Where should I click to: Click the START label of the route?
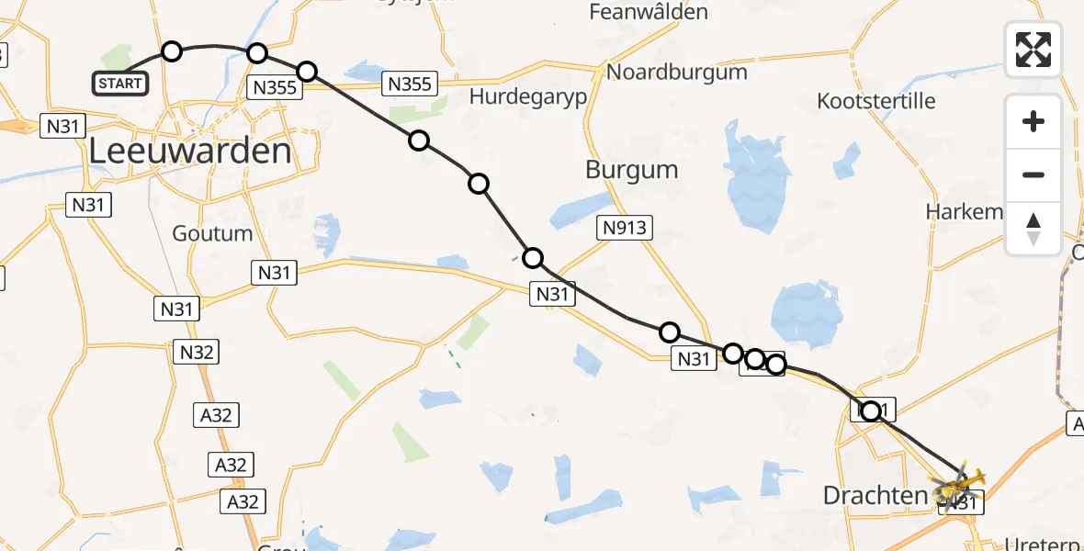click(x=120, y=84)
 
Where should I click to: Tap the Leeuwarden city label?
click(x=190, y=152)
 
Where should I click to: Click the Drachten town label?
click(x=875, y=496)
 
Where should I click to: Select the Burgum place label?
click(x=631, y=170)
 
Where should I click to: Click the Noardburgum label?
click(x=677, y=73)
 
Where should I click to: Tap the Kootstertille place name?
click(x=876, y=101)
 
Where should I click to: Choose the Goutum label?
click(x=211, y=233)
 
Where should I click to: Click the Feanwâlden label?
click(x=649, y=13)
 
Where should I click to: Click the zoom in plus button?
click(x=1033, y=121)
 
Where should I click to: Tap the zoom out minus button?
click(x=1033, y=174)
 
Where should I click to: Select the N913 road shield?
click(x=625, y=229)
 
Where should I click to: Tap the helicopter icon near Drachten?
click(x=960, y=484)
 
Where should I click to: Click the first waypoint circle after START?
click(x=172, y=51)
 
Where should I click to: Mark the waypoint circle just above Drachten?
click(x=870, y=411)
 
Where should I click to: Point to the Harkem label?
click(x=964, y=212)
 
